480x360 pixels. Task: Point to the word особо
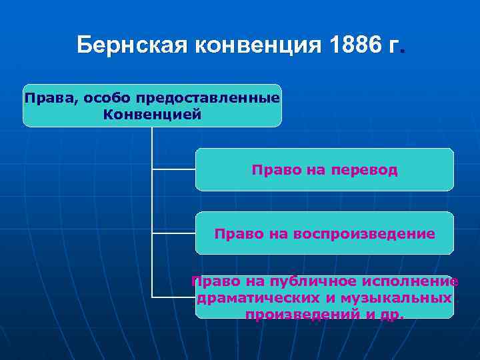pyautogui.click(x=107, y=99)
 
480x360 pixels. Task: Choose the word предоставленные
pyautogui.click(x=207, y=99)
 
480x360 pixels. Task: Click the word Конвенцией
pyautogui.click(x=152, y=114)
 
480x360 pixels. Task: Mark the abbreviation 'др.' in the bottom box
pyautogui.click(x=391, y=314)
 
